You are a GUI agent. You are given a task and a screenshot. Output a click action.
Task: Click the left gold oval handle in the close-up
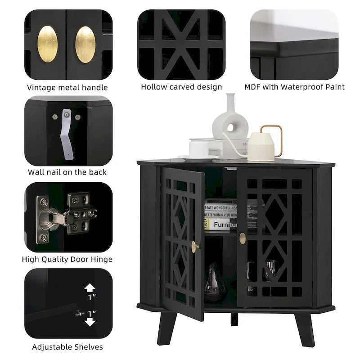pos(47,44)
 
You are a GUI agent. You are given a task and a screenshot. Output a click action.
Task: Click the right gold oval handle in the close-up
pos(85,44)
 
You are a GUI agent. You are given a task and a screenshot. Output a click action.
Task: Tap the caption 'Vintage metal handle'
pos(67,88)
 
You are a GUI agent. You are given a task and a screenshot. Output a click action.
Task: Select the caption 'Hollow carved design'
pos(181,87)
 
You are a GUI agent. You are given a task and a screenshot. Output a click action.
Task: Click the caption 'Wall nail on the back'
pos(67,172)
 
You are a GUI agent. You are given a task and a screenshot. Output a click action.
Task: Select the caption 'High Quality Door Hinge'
pos(67,259)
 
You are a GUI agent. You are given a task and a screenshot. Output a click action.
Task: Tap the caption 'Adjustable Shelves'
pos(67,346)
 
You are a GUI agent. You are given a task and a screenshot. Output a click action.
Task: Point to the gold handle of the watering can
pos(274,137)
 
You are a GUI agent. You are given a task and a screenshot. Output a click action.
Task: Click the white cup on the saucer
pos(198,148)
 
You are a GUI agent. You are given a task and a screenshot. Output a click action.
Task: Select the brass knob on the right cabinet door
pos(243,238)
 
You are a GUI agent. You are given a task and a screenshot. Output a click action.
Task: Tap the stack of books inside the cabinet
pos(220,215)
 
